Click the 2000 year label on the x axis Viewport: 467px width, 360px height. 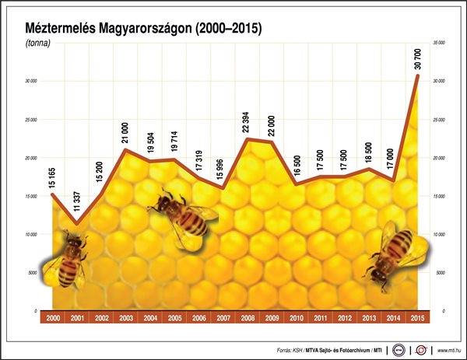pos(53,318)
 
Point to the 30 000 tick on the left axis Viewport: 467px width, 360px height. pos(31,82)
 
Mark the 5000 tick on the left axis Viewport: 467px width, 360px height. pos(33,273)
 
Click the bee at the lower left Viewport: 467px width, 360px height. pos(68,260)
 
